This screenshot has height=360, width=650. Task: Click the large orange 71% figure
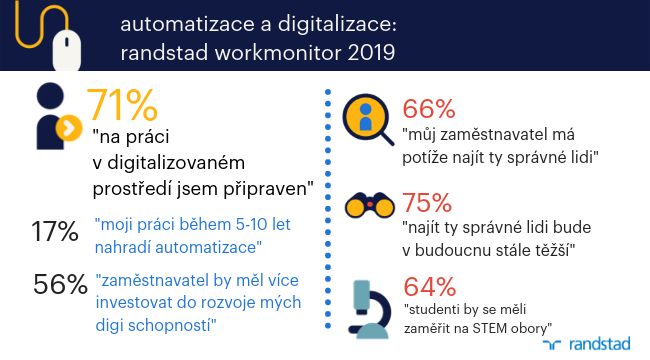pos(122,105)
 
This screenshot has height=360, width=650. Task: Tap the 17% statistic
pos(55,231)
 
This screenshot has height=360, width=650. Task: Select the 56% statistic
pos(60,284)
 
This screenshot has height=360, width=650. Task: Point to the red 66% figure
pos(429,109)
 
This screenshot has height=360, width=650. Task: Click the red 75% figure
pos(427,203)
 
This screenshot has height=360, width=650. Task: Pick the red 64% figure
pos(430,287)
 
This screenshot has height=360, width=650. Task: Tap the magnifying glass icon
pos(368,120)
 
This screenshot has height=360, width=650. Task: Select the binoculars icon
pos(369,205)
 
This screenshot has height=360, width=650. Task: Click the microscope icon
pos(370,309)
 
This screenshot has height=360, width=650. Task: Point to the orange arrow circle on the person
pos(68,128)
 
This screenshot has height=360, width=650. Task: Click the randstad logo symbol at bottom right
pos(552,344)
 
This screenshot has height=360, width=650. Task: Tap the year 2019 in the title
pos(371,53)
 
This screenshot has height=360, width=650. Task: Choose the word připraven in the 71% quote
pos(268,190)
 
